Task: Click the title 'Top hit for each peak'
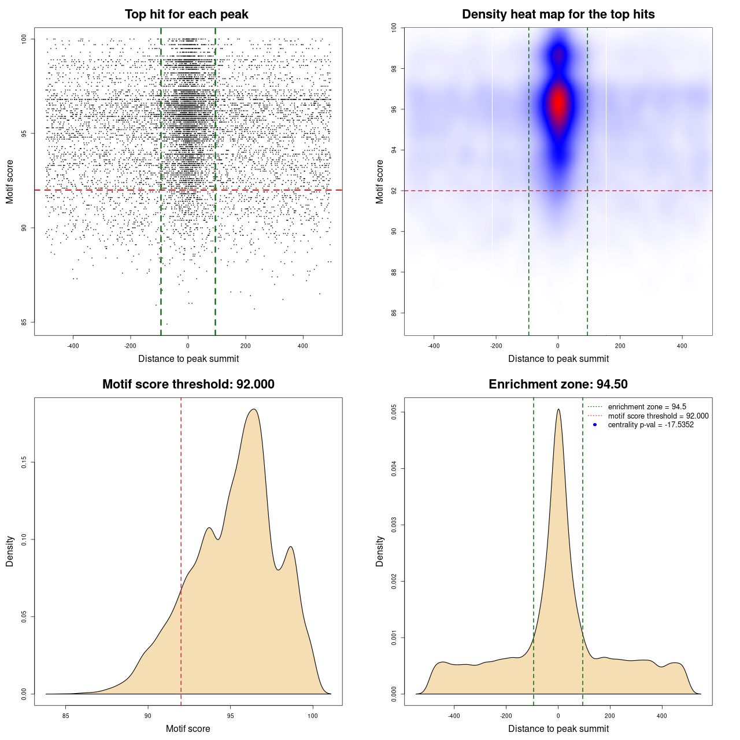pyautogui.click(x=186, y=14)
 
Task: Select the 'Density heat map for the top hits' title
pyautogui.click(x=558, y=14)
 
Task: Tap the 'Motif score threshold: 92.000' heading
pyautogui.click(x=188, y=384)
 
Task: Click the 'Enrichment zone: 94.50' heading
pyautogui.click(x=558, y=384)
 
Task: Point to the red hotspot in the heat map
pyautogui.click(x=558, y=104)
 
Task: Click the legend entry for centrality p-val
pyautogui.click(x=650, y=425)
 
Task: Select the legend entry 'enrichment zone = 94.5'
pyautogui.click(x=647, y=407)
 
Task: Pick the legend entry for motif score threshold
pyautogui.click(x=658, y=416)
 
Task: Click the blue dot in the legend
pyautogui.click(x=595, y=425)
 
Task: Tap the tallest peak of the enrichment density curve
pyautogui.click(x=558, y=410)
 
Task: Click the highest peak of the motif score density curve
pyautogui.click(x=253, y=409)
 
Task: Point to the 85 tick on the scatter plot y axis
pyautogui.click(x=24, y=322)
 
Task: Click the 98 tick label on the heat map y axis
pyautogui.click(x=394, y=69)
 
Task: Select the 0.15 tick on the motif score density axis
pyautogui.click(x=24, y=462)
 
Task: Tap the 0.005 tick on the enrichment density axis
pyautogui.click(x=394, y=412)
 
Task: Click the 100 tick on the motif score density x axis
pyautogui.click(x=313, y=716)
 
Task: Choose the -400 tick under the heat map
pyautogui.click(x=434, y=346)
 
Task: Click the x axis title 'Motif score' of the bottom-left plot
pyautogui.click(x=188, y=728)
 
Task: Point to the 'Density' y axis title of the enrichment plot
pyautogui.click(x=380, y=551)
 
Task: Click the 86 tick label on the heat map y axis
pyautogui.click(x=394, y=313)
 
